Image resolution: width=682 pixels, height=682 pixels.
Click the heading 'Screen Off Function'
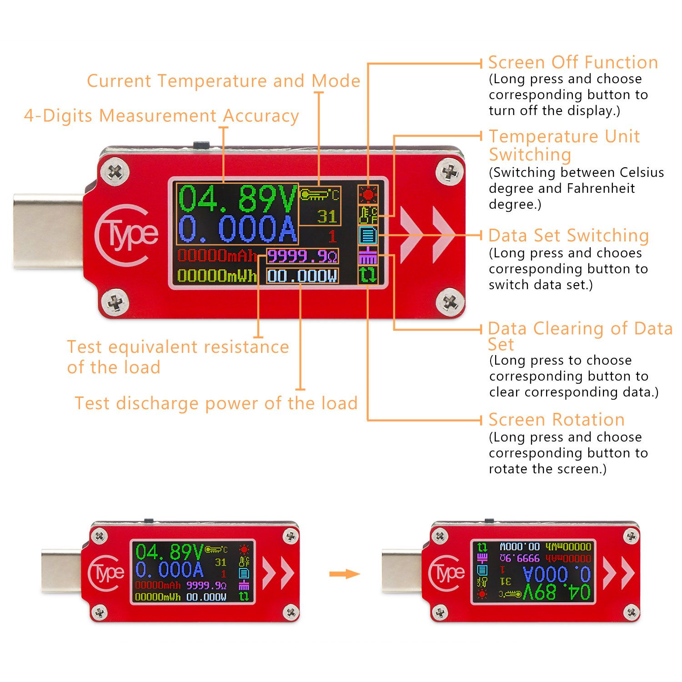(573, 62)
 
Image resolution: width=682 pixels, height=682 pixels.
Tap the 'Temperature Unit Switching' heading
(564, 145)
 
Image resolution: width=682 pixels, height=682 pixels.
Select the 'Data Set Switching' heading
(568, 236)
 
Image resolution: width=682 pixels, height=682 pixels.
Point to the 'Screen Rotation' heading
(557, 419)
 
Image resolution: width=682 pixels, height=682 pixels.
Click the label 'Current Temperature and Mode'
(223, 81)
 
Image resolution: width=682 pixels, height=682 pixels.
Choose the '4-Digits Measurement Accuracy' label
(161, 116)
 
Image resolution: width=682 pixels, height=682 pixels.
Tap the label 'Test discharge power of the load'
(216, 403)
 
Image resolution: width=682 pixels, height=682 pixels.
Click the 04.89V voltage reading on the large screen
(236, 199)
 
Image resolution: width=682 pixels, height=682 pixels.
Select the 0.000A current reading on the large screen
(236, 229)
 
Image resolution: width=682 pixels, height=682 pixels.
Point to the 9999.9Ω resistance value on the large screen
(302, 257)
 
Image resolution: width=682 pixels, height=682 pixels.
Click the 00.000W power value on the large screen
(302, 276)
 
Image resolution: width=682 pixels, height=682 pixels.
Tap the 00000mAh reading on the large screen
(216, 256)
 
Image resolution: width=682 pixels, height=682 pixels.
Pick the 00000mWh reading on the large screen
(216, 276)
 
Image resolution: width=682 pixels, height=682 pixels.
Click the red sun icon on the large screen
(368, 195)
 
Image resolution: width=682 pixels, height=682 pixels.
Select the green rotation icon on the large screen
(368, 275)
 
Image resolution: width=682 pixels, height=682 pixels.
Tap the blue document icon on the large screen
(368, 236)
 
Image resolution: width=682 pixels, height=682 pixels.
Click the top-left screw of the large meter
(115, 172)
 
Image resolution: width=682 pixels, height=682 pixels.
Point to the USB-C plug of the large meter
(48, 231)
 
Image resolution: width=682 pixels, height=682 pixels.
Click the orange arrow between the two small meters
(344, 574)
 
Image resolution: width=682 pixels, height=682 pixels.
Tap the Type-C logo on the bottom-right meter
(446, 573)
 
